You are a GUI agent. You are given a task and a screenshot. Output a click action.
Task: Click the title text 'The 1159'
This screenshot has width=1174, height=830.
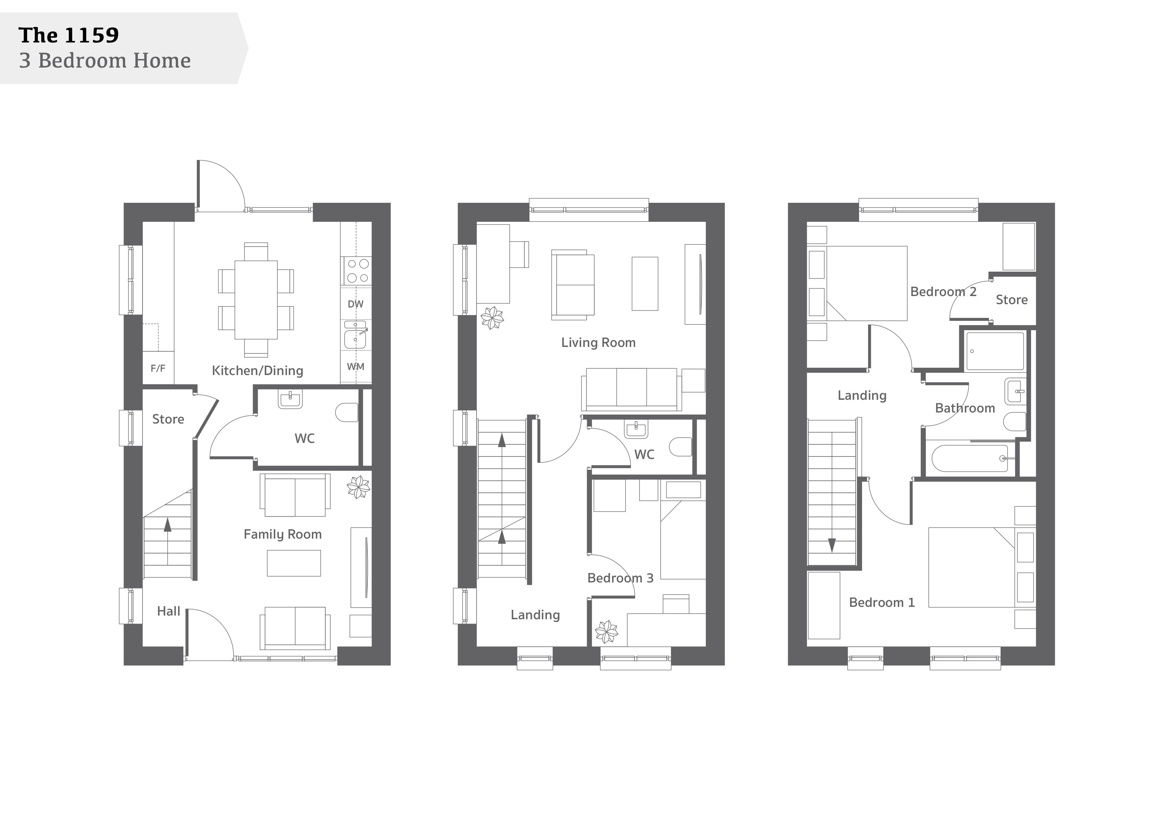point(69,35)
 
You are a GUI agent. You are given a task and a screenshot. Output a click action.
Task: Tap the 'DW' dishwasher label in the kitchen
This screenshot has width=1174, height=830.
point(355,304)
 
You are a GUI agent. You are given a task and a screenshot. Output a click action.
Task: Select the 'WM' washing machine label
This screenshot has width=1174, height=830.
point(355,366)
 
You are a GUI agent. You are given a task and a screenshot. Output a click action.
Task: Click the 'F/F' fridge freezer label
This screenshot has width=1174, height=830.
point(158,368)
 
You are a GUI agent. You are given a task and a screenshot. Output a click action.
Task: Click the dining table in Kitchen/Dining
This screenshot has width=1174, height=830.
point(256,300)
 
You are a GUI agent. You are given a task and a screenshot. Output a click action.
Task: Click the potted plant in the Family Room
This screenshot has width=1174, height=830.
point(358,487)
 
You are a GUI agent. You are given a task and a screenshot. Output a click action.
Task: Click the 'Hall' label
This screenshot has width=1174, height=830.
point(169,611)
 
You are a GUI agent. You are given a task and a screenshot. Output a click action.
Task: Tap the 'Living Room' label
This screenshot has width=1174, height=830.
point(598,343)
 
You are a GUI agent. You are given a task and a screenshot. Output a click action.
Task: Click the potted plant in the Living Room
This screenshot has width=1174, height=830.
point(492,318)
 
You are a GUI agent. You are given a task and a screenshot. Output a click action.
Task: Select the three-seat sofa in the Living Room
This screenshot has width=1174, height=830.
point(632,389)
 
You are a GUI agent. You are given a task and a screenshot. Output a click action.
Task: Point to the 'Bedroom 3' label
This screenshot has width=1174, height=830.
point(620,578)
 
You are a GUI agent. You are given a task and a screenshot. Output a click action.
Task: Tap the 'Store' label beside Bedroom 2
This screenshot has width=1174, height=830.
point(1011,300)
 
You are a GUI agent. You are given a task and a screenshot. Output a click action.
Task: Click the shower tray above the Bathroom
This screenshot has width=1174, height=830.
point(995,351)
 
